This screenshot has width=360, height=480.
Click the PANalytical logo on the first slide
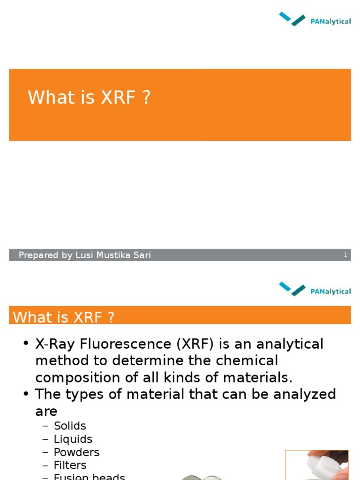pyautogui.click(x=315, y=20)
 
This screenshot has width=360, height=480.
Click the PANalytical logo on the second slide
pyautogui.click(x=315, y=289)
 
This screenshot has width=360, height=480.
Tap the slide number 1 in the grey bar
pyautogui.click(x=345, y=255)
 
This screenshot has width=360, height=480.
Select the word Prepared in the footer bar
pyautogui.click(x=39, y=255)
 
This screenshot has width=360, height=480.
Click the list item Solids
pyautogui.click(x=70, y=426)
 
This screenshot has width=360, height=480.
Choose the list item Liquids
pyautogui.click(x=73, y=439)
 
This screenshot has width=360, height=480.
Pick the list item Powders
pyautogui.click(x=76, y=452)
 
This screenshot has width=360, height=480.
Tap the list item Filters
pyautogui.click(x=70, y=465)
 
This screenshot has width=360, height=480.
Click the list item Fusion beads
pyautogui.click(x=89, y=477)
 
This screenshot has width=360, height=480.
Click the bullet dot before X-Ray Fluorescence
pyautogui.click(x=26, y=345)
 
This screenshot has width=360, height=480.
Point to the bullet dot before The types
pyautogui.click(x=26, y=395)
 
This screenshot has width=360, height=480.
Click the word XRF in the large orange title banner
pyautogui.click(x=118, y=97)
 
